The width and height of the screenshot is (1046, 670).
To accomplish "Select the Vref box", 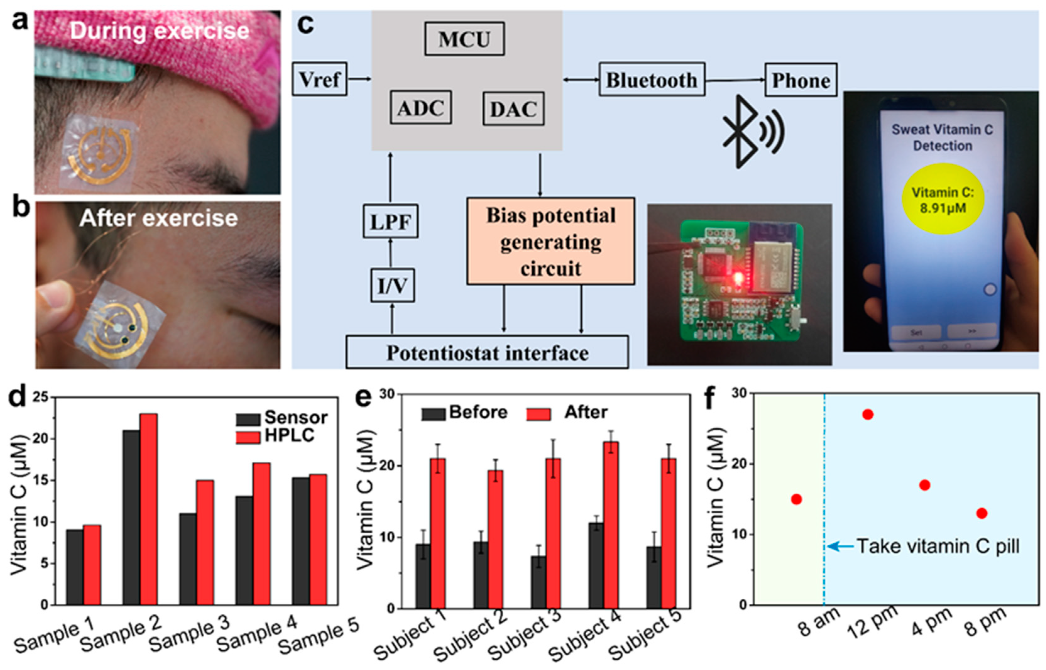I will click(319, 79).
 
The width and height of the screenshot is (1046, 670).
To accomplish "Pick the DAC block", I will click(513, 109).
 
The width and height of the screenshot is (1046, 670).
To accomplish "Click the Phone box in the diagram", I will click(800, 80).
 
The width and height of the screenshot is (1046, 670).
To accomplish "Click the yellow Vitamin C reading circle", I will click(942, 199).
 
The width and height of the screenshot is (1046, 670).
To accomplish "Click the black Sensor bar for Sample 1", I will click(75, 567).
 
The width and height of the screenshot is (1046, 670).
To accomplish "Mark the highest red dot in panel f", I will click(867, 414).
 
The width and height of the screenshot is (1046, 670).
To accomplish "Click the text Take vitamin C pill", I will click(938, 546).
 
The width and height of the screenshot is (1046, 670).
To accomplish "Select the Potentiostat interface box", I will click(487, 352).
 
